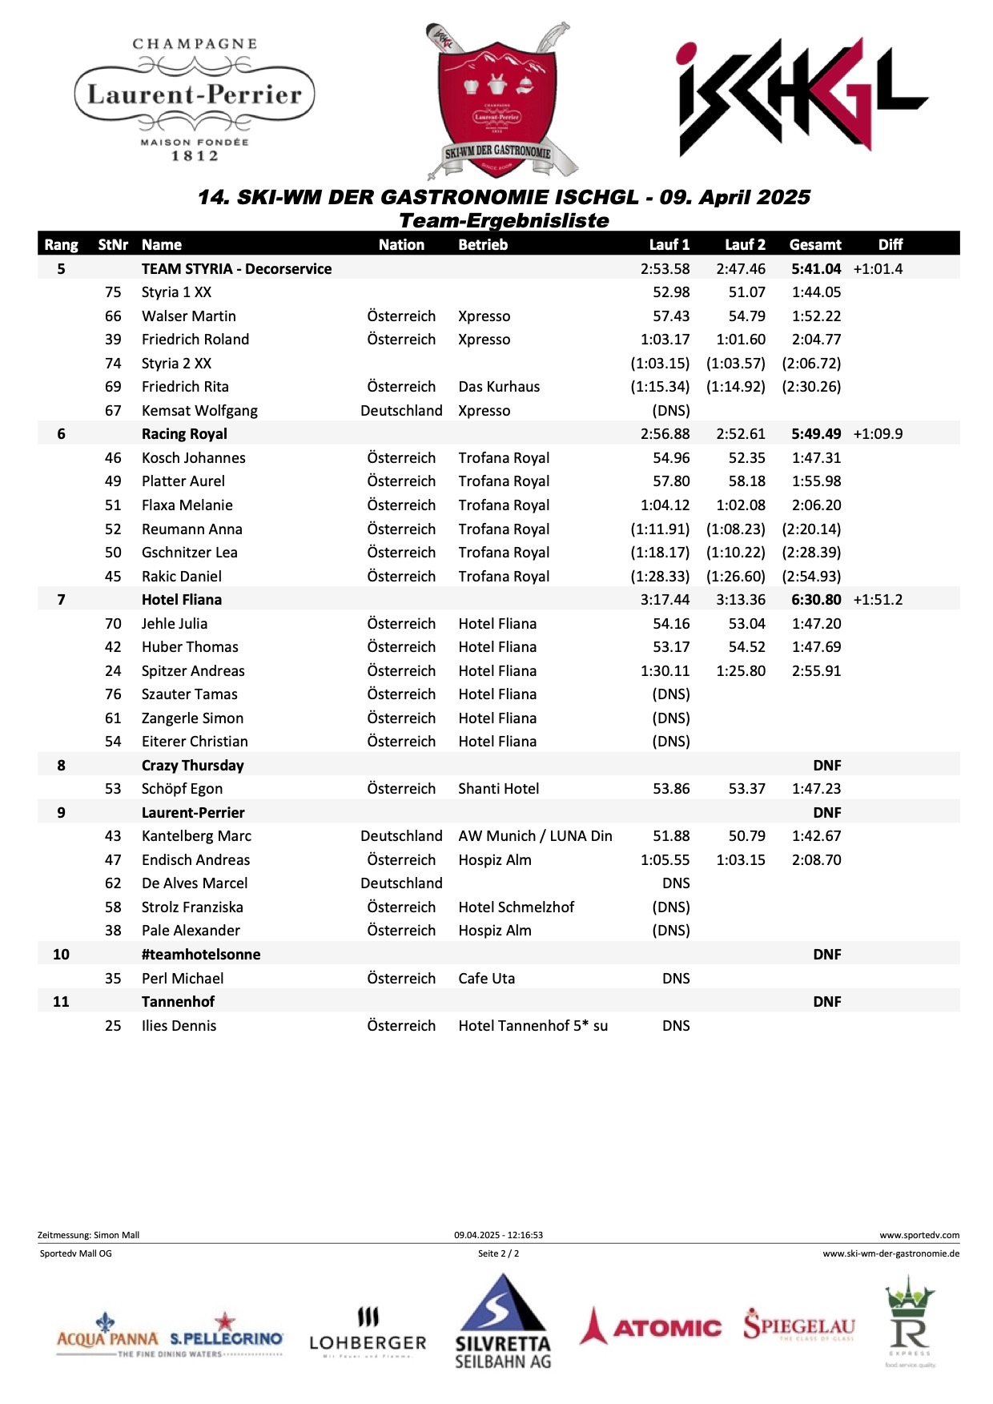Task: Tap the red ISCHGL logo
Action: [801, 96]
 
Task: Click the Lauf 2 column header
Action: [745, 244]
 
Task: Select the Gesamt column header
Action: [815, 244]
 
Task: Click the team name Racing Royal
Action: [184, 434]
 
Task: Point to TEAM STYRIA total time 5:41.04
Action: [816, 269]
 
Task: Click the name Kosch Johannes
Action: [194, 458]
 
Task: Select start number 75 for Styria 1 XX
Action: [113, 292]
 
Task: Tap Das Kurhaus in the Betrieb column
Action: [499, 387]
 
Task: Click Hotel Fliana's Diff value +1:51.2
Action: [878, 600]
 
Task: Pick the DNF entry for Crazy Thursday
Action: [826, 766]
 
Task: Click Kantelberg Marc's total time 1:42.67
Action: [816, 836]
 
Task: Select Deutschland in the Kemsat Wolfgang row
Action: [401, 411]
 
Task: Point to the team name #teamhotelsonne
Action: [201, 955]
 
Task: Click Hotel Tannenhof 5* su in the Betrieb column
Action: [533, 1026]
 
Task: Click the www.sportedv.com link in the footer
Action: [919, 1235]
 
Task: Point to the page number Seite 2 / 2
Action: [498, 1253]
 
